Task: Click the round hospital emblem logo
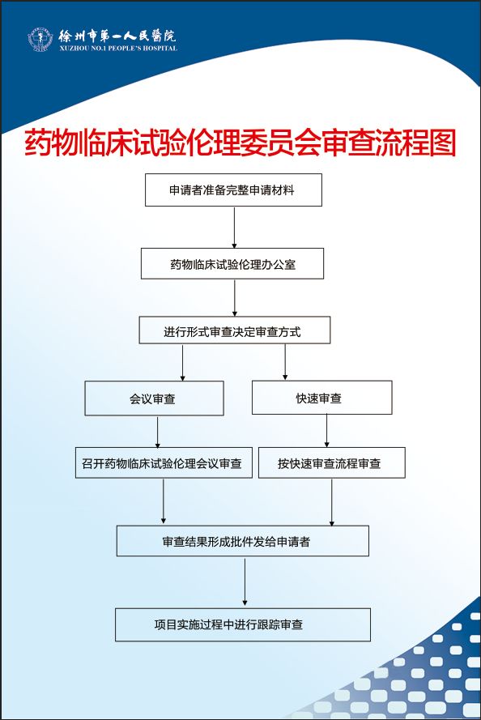(40, 39)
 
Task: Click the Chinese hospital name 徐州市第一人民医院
(117, 36)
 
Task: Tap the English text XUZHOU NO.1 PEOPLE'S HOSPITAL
(118, 49)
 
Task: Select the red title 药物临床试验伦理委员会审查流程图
(240, 143)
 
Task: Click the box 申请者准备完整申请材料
(233, 190)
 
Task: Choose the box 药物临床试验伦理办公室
(232, 263)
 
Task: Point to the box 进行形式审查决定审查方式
(235, 330)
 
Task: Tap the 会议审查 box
(154, 398)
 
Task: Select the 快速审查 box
(321, 398)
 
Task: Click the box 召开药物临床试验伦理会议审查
(164, 463)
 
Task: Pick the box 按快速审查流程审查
(332, 463)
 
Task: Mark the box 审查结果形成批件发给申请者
(242, 541)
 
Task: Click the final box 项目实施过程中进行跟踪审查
(243, 624)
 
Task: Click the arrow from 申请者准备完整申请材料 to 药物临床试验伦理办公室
(234, 228)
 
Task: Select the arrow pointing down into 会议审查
(183, 363)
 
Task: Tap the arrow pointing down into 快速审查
(285, 362)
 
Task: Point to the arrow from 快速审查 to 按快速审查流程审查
(327, 431)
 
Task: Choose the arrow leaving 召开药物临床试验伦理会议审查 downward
(164, 501)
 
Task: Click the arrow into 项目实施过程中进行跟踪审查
(245, 582)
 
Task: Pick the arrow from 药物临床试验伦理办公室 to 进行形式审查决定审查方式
(235, 298)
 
